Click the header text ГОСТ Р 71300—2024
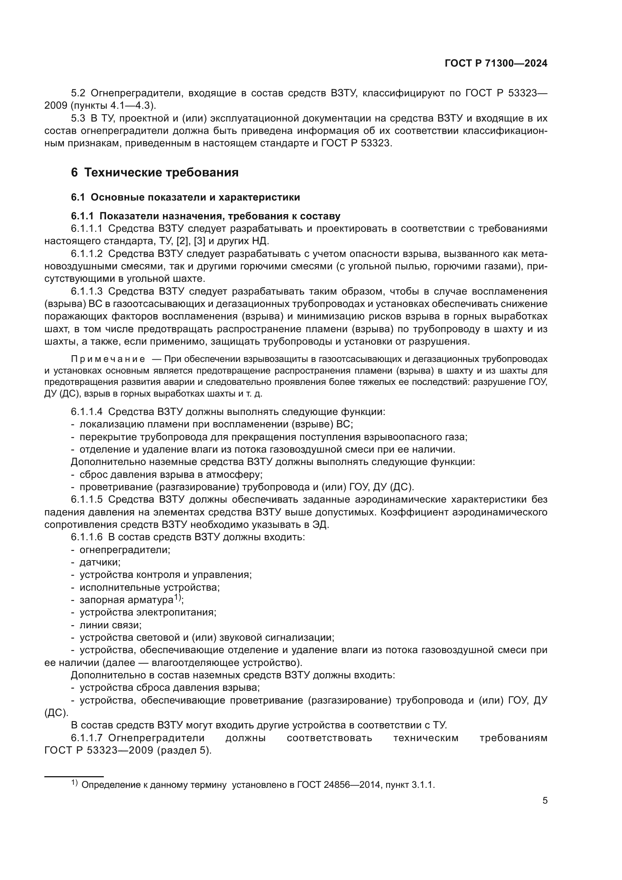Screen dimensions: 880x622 pyautogui.click(x=496, y=64)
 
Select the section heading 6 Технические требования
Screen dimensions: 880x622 pyautogui.click(x=154, y=172)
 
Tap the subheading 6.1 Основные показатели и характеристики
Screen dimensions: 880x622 pyautogui.click(x=185, y=198)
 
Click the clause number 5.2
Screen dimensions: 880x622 pyautogui.click(x=78, y=93)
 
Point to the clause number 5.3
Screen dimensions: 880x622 pyautogui.click(x=78, y=118)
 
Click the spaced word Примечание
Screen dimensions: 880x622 pyautogui.click(x=108, y=359)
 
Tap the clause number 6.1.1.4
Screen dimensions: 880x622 pyautogui.click(x=86, y=412)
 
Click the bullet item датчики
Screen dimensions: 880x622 pyautogui.click(x=100, y=562)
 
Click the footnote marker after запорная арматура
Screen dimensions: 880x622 pyautogui.click(x=177, y=597)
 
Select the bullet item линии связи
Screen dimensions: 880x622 pyautogui.click(x=110, y=625)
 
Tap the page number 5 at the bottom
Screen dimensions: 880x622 pyautogui.click(x=545, y=801)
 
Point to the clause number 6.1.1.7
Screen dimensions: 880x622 pyautogui.click(x=86, y=738)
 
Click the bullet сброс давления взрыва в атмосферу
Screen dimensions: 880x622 pyautogui.click(x=171, y=474)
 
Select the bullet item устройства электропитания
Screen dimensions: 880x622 pyautogui.click(x=148, y=613)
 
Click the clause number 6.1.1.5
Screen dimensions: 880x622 pyautogui.click(x=86, y=499)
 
